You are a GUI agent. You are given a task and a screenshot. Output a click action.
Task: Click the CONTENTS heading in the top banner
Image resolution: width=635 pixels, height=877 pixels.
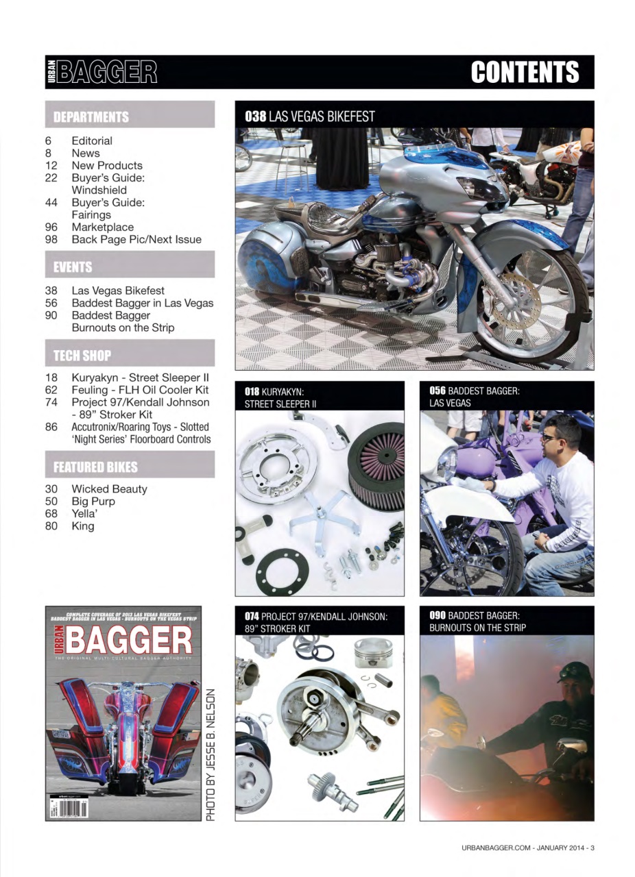point(525,72)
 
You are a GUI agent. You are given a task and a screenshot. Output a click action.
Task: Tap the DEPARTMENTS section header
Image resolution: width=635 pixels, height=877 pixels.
point(91,117)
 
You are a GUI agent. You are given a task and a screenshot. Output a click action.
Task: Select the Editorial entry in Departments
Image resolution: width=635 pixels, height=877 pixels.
point(92,140)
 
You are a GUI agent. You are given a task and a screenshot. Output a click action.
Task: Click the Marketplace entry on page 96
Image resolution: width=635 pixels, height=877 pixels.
point(103,227)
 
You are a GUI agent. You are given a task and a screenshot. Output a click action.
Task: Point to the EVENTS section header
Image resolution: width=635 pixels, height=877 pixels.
point(73,267)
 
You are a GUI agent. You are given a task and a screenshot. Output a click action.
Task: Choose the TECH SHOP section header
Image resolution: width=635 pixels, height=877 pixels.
point(82,356)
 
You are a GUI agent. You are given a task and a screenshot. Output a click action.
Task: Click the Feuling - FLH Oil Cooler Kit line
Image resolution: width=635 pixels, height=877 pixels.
point(140,390)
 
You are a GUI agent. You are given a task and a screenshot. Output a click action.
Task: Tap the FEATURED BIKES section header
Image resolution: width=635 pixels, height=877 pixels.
point(95,467)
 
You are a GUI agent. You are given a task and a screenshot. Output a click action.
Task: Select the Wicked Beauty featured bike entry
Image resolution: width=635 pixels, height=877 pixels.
point(109,489)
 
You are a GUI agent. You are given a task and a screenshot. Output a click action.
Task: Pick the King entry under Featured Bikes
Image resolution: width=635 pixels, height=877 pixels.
point(83,526)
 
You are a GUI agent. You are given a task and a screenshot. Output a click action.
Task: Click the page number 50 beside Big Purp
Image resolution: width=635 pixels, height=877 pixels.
point(51,501)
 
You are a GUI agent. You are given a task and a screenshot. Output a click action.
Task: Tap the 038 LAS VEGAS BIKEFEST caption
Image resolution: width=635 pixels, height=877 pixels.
point(310,116)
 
